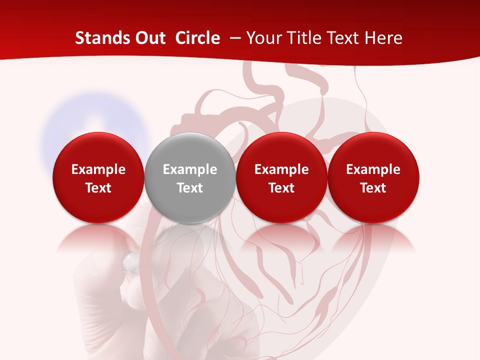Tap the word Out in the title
click(148, 38)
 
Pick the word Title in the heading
click(303, 38)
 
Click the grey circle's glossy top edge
click(189, 137)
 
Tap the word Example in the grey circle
click(190, 169)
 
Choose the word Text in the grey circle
click(190, 188)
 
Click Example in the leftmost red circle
click(98, 169)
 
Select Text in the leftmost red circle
click(98, 188)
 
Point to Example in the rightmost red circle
click(373, 169)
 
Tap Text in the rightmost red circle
click(373, 188)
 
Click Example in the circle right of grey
click(281, 169)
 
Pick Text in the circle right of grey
click(281, 188)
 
